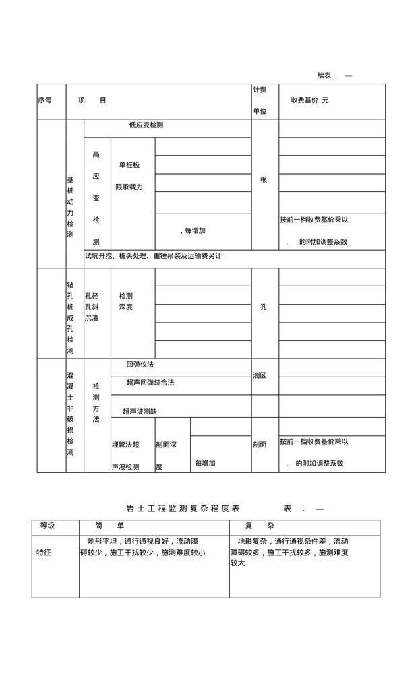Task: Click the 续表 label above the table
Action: click(x=324, y=75)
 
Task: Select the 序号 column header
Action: click(x=44, y=100)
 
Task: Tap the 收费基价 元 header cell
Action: click(x=310, y=100)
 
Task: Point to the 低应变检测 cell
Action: click(x=146, y=125)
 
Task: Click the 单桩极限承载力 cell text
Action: click(x=129, y=175)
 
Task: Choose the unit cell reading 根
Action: click(x=264, y=180)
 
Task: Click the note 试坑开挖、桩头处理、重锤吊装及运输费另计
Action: click(x=153, y=256)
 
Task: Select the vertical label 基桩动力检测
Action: click(x=70, y=207)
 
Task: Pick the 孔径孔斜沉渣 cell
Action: click(x=92, y=307)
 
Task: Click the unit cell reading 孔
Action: click(x=264, y=307)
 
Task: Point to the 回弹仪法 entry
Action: click(x=140, y=365)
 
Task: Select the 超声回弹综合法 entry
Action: click(x=150, y=383)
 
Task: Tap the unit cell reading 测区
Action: click(x=260, y=375)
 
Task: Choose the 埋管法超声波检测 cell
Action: click(x=125, y=455)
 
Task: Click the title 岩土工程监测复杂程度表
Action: click(x=183, y=509)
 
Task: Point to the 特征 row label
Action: click(x=44, y=553)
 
